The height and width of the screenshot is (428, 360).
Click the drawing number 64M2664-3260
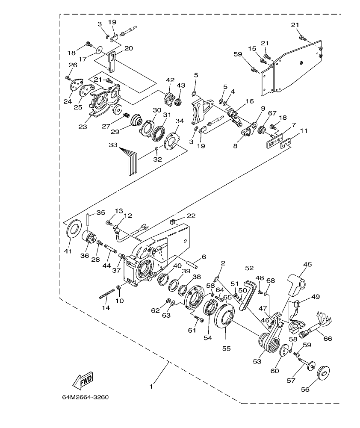click(x=85, y=397)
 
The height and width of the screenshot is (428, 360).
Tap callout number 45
click(x=308, y=265)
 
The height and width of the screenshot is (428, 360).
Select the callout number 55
click(x=226, y=348)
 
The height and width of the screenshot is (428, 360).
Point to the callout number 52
click(x=250, y=268)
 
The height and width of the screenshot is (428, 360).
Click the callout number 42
click(x=171, y=80)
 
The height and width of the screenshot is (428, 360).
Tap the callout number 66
click(x=328, y=339)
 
